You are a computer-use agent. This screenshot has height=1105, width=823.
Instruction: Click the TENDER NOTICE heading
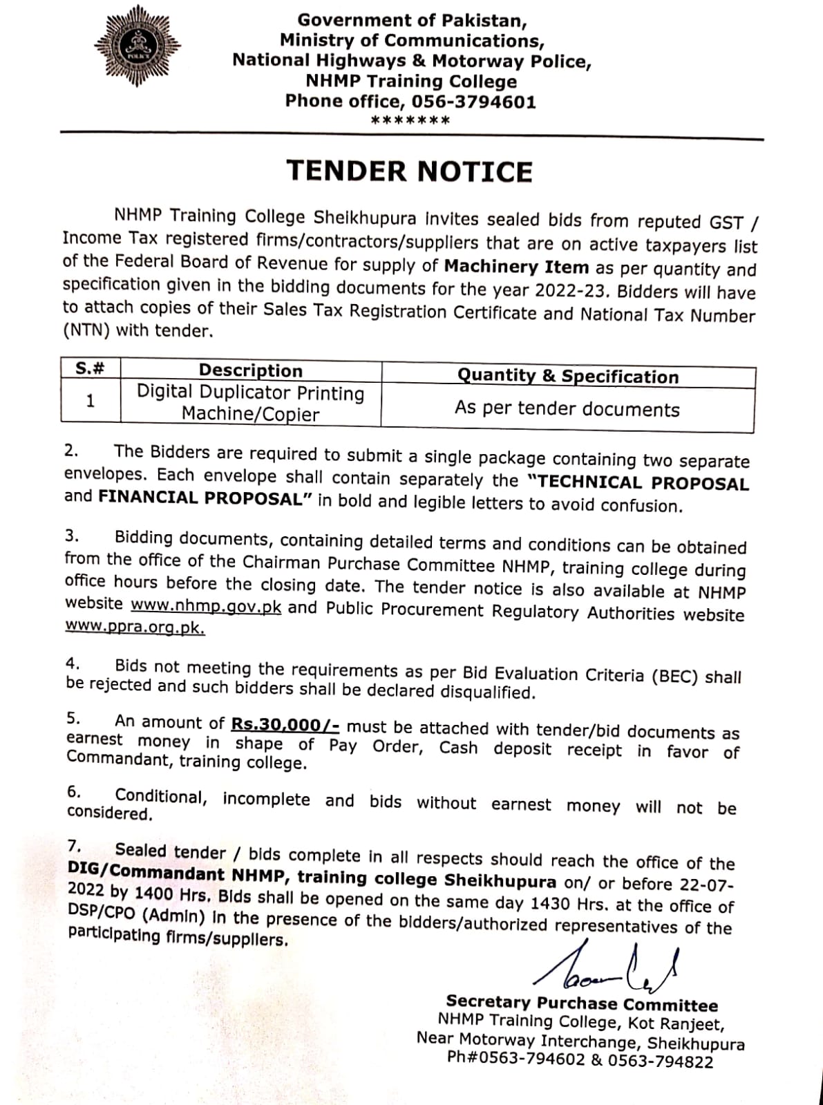point(410,171)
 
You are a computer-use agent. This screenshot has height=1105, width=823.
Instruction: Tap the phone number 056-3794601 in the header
point(473,102)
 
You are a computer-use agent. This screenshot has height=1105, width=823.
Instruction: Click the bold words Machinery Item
point(516,267)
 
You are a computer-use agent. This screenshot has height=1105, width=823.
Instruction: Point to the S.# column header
point(90,368)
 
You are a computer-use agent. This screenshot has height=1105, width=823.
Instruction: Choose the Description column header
point(250,370)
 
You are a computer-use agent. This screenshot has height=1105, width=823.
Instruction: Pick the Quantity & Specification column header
point(567,377)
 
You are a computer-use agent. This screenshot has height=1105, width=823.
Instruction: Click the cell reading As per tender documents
point(567,409)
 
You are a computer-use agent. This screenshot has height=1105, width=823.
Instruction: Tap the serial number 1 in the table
point(90,401)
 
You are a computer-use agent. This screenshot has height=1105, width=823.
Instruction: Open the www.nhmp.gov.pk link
point(206,605)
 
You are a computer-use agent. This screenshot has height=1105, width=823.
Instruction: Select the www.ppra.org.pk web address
point(134,627)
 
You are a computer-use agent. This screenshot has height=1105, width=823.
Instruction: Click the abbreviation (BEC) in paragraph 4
point(674,676)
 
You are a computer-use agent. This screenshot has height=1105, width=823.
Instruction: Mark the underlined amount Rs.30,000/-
point(285,724)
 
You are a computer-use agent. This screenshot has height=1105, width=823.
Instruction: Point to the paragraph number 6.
point(74,791)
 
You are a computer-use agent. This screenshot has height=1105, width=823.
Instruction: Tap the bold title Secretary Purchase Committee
point(582,1003)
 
